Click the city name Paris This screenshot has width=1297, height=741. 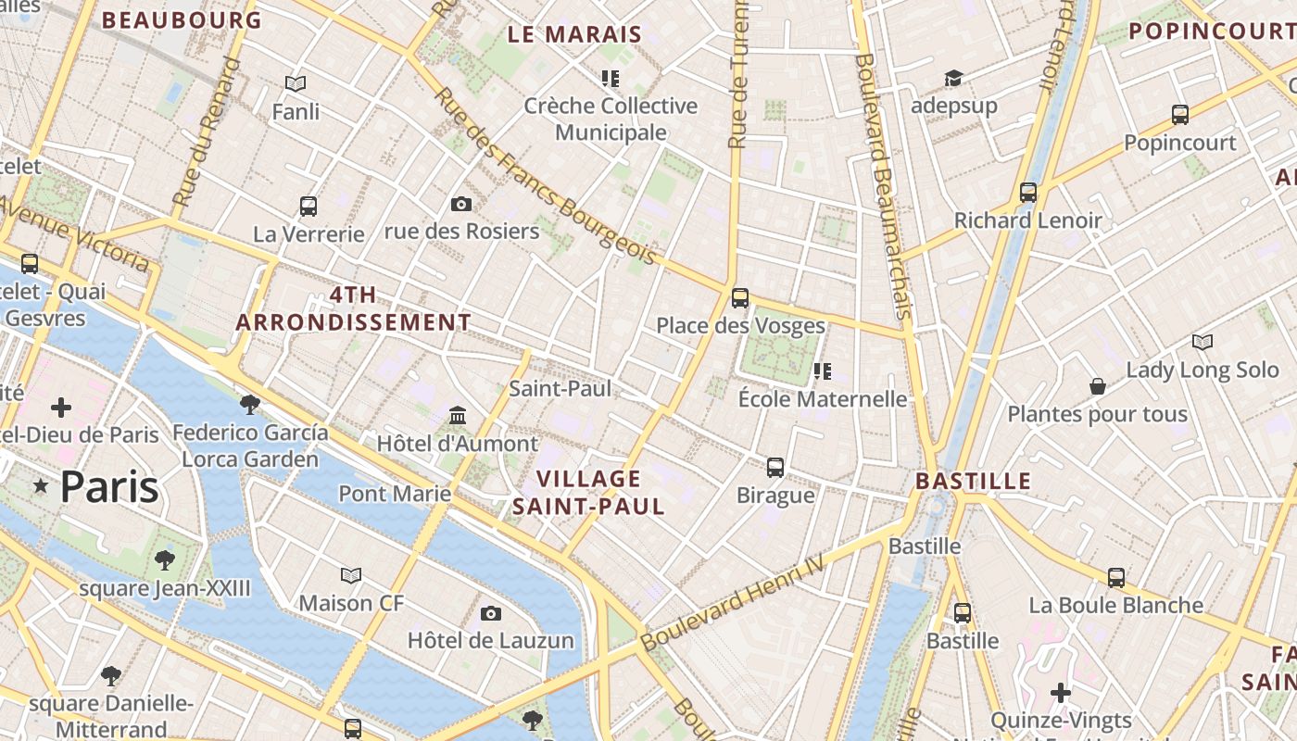click(x=109, y=487)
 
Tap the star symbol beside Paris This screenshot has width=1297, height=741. click(x=41, y=486)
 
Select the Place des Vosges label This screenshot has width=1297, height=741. click(x=740, y=326)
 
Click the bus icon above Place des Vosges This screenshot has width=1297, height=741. click(x=739, y=297)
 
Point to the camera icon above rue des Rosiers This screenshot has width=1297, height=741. click(x=460, y=204)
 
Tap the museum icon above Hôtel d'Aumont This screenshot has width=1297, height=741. click(x=458, y=415)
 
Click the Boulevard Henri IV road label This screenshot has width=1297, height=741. click(x=731, y=603)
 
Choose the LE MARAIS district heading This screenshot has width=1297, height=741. click(x=574, y=35)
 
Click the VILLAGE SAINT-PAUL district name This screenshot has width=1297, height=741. click(x=588, y=493)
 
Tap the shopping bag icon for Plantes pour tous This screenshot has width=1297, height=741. click(x=1098, y=385)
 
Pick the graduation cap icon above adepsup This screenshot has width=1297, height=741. click(x=953, y=78)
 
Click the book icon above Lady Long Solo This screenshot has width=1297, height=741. click(x=1202, y=342)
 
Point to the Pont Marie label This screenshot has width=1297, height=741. click(x=395, y=494)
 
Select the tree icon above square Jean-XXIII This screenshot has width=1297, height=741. click(x=165, y=559)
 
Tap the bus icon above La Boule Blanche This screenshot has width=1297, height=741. click(x=1116, y=577)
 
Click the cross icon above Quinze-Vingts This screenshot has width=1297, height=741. click(x=1061, y=692)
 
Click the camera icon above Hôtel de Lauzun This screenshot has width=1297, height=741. click(x=491, y=613)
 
